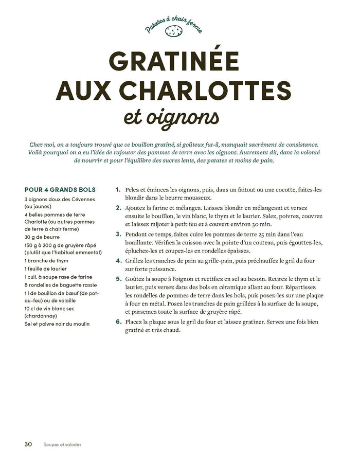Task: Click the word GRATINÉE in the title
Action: [x=175, y=63]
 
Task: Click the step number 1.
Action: [x=118, y=189]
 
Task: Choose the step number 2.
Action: [x=118, y=208]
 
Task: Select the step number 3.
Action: [x=118, y=234]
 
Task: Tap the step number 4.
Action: [x=118, y=261]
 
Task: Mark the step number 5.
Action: [x=118, y=279]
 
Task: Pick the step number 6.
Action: [x=118, y=322]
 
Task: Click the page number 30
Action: [x=29, y=444]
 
